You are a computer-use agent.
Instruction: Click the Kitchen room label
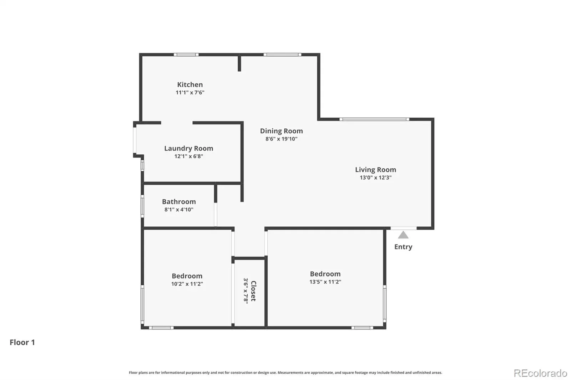click(x=190, y=84)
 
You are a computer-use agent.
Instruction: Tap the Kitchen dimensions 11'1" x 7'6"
click(x=190, y=92)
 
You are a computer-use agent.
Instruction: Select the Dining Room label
click(x=282, y=131)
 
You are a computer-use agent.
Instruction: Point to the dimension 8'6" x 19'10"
click(x=282, y=139)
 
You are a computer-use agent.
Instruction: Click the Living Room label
click(x=375, y=170)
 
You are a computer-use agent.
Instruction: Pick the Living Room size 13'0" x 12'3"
click(x=375, y=178)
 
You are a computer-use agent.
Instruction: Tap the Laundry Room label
click(x=189, y=149)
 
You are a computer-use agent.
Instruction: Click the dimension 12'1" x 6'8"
click(x=189, y=156)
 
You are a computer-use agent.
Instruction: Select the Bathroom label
click(x=179, y=202)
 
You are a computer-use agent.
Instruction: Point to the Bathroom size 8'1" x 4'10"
click(x=179, y=210)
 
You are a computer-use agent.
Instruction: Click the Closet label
click(x=253, y=291)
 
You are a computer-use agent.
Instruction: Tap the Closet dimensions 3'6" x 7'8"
click(x=246, y=291)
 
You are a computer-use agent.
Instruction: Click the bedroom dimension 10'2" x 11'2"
click(x=187, y=284)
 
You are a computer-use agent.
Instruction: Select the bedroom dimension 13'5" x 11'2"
click(x=325, y=282)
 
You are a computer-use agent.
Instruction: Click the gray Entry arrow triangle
click(x=403, y=235)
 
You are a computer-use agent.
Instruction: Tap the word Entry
click(x=403, y=247)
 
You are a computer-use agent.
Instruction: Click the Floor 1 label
click(x=22, y=342)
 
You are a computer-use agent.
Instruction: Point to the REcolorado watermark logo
click(x=540, y=373)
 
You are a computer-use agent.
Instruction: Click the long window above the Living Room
click(x=374, y=119)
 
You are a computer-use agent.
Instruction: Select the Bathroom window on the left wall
click(x=142, y=206)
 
